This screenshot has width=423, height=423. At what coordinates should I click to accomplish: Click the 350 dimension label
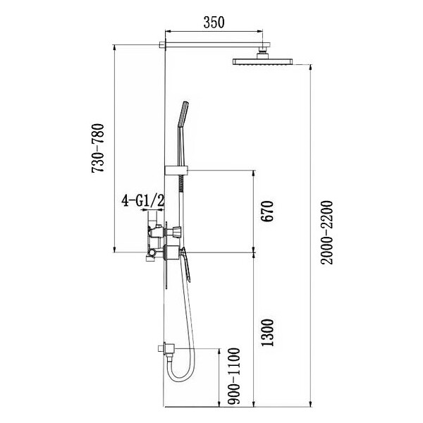tap(214, 23)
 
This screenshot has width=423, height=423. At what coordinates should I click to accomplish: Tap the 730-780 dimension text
tap(98, 148)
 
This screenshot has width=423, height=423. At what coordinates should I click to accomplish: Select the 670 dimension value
tap(267, 211)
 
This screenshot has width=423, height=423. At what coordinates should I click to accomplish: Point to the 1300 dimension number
tap(267, 333)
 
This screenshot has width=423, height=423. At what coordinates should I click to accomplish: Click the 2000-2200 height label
tap(327, 233)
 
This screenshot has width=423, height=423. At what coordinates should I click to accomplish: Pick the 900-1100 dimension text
tap(233, 376)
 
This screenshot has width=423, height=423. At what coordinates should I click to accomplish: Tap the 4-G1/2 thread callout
tap(142, 201)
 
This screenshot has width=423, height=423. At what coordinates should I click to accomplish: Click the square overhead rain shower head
tap(263, 61)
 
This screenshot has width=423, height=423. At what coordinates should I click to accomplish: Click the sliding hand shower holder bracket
tap(176, 171)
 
